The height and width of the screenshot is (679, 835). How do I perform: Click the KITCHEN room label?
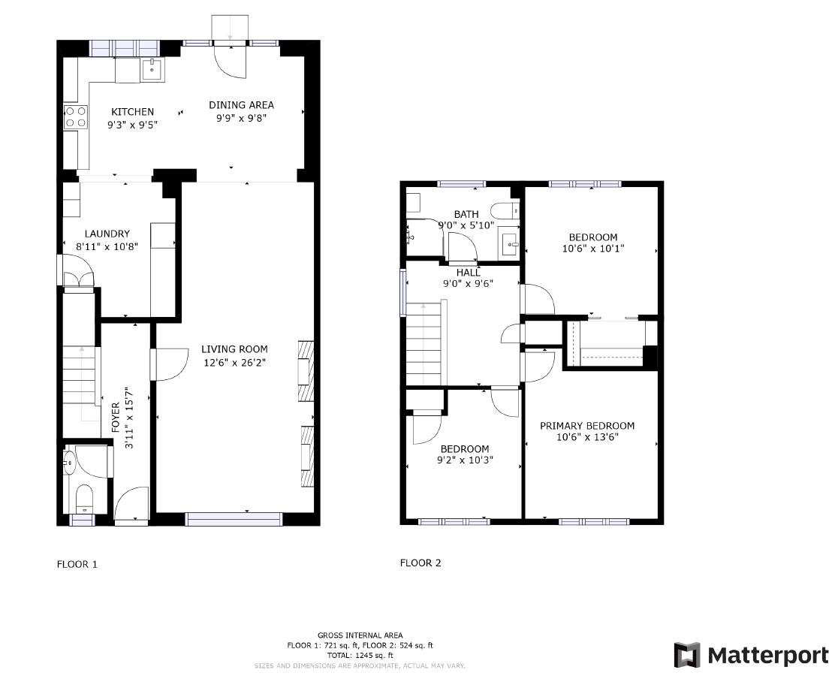click(x=133, y=112)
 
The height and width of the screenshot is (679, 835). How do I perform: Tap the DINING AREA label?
click(x=241, y=105)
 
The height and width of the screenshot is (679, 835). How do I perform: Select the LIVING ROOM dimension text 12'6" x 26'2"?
click(x=234, y=362)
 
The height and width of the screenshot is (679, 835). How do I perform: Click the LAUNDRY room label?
click(x=107, y=234)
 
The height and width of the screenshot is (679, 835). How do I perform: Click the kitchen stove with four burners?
click(x=75, y=116)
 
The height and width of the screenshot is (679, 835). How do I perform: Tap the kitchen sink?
click(x=152, y=71)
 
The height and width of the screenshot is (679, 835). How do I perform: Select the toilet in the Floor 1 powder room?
click(x=83, y=497)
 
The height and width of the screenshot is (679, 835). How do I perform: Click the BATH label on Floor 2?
click(x=466, y=215)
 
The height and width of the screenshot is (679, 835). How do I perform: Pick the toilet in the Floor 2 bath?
click(x=502, y=211)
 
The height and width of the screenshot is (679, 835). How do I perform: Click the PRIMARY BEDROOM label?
click(x=587, y=426)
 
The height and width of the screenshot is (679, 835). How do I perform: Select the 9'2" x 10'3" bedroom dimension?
click(x=464, y=460)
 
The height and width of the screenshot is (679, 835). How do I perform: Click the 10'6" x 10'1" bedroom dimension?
click(x=592, y=249)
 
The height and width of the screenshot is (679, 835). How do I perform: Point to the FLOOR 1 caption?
click(x=77, y=564)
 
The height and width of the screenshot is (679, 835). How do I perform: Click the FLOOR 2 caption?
click(x=421, y=563)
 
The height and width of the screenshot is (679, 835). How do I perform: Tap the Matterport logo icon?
click(x=686, y=655)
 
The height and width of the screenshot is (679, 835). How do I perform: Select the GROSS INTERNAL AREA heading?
click(x=360, y=635)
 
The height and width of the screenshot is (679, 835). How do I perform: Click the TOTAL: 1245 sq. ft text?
click(x=360, y=656)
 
